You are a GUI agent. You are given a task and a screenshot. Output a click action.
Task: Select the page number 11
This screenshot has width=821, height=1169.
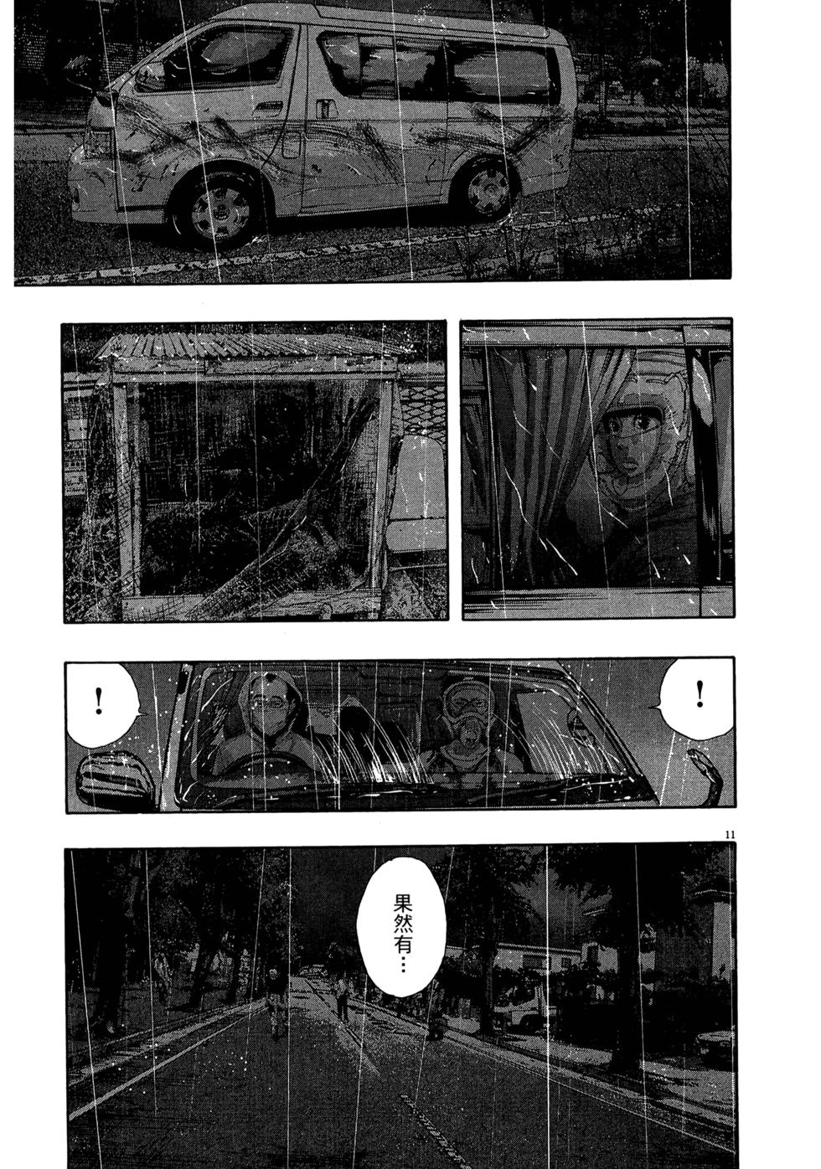tap(730, 836)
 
